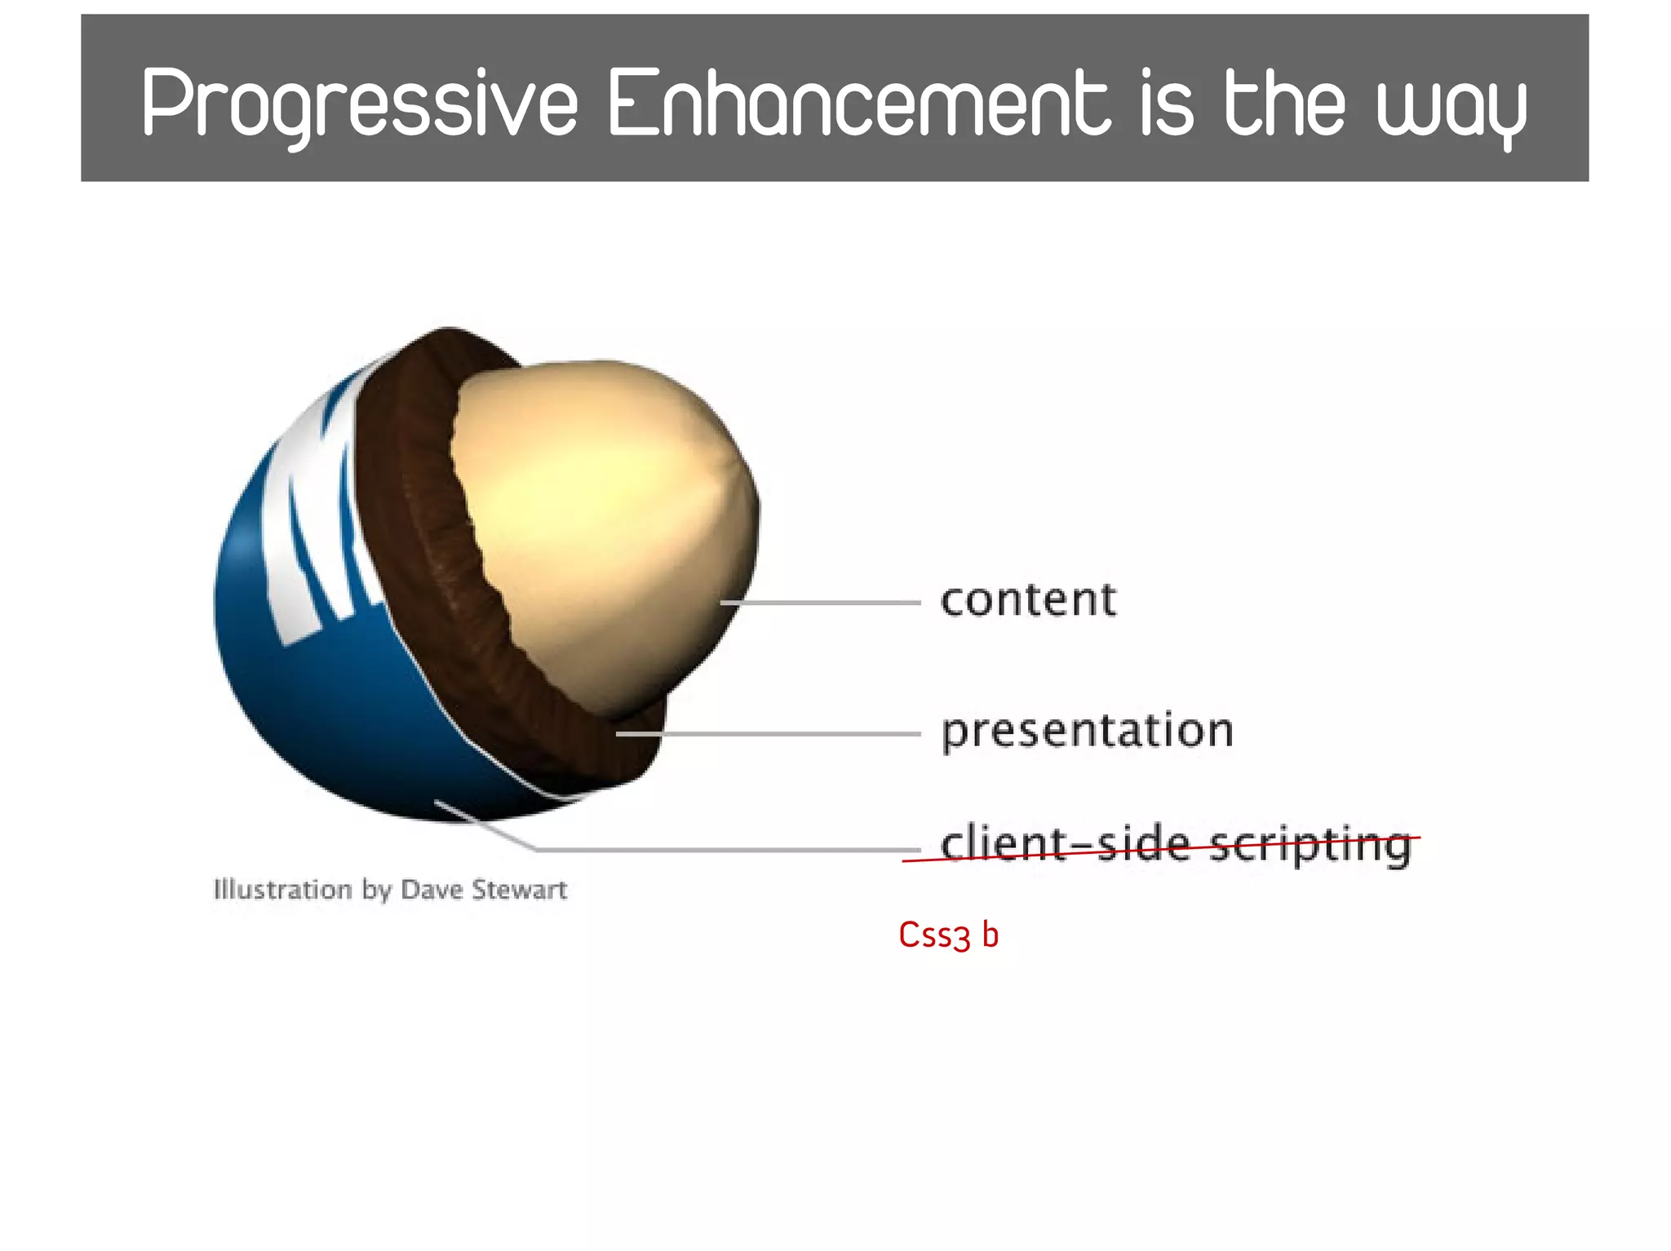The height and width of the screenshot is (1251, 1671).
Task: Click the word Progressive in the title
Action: (x=359, y=104)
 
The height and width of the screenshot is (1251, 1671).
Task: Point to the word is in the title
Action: (x=1166, y=104)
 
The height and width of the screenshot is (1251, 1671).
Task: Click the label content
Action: (x=1028, y=600)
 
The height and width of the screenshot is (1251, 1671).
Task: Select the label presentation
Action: (x=1087, y=731)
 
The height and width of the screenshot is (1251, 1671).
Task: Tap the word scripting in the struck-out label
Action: (x=1310, y=845)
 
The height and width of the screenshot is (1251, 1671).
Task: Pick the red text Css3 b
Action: (x=948, y=935)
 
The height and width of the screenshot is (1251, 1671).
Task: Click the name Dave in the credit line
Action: (x=432, y=889)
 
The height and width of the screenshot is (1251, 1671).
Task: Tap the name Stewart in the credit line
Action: (x=519, y=889)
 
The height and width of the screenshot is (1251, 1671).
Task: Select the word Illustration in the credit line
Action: (x=282, y=889)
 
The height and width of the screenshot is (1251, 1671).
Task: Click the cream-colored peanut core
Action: (x=604, y=522)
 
